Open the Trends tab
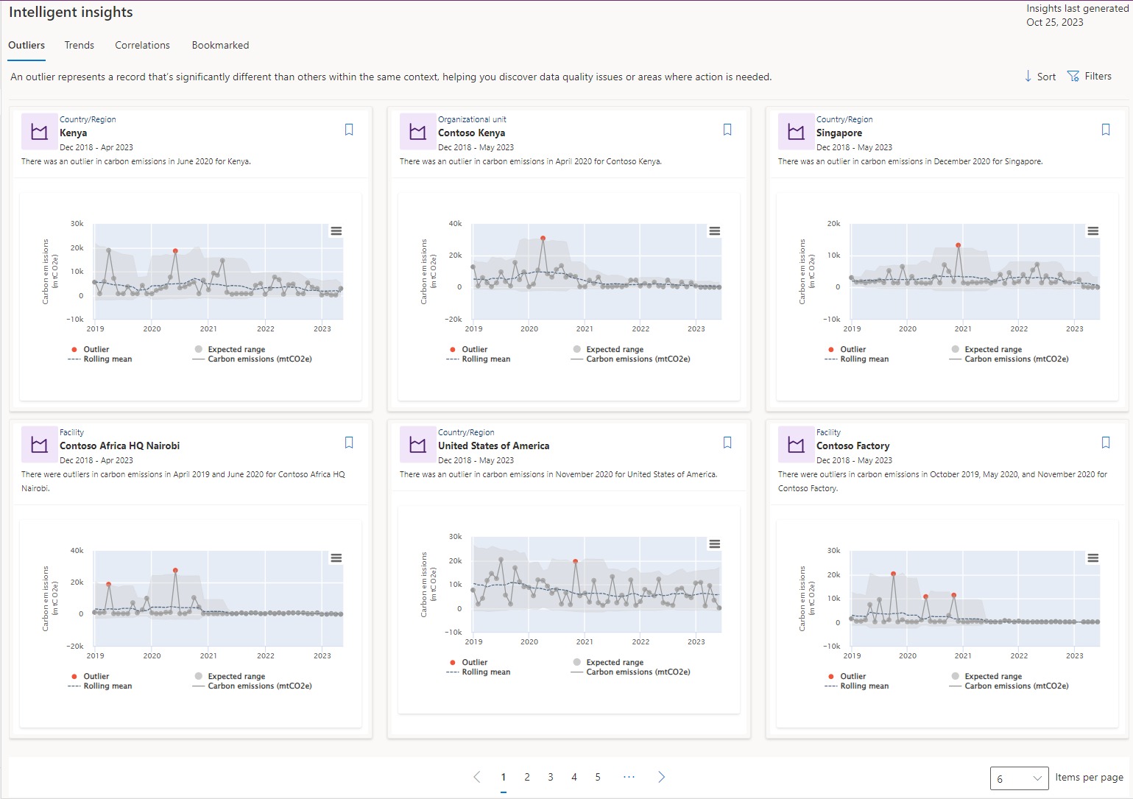tap(79, 45)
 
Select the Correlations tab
tap(142, 45)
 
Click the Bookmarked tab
tap(220, 45)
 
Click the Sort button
tap(1040, 77)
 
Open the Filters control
tap(1089, 77)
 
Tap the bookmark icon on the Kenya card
tap(349, 130)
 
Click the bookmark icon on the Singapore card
tap(1105, 130)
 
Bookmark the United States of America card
tap(727, 443)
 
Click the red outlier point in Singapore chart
tap(958, 245)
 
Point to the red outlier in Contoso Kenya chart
tap(543, 238)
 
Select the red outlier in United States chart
tap(575, 561)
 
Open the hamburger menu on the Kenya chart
tap(336, 231)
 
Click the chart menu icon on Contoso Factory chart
tap(1093, 558)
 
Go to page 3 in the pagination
tap(550, 777)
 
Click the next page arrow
tap(661, 777)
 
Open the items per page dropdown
tap(1019, 778)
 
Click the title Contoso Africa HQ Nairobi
tap(119, 446)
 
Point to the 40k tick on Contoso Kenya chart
tap(455, 223)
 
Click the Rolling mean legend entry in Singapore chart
tap(864, 359)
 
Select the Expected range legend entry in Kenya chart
tap(236, 349)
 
